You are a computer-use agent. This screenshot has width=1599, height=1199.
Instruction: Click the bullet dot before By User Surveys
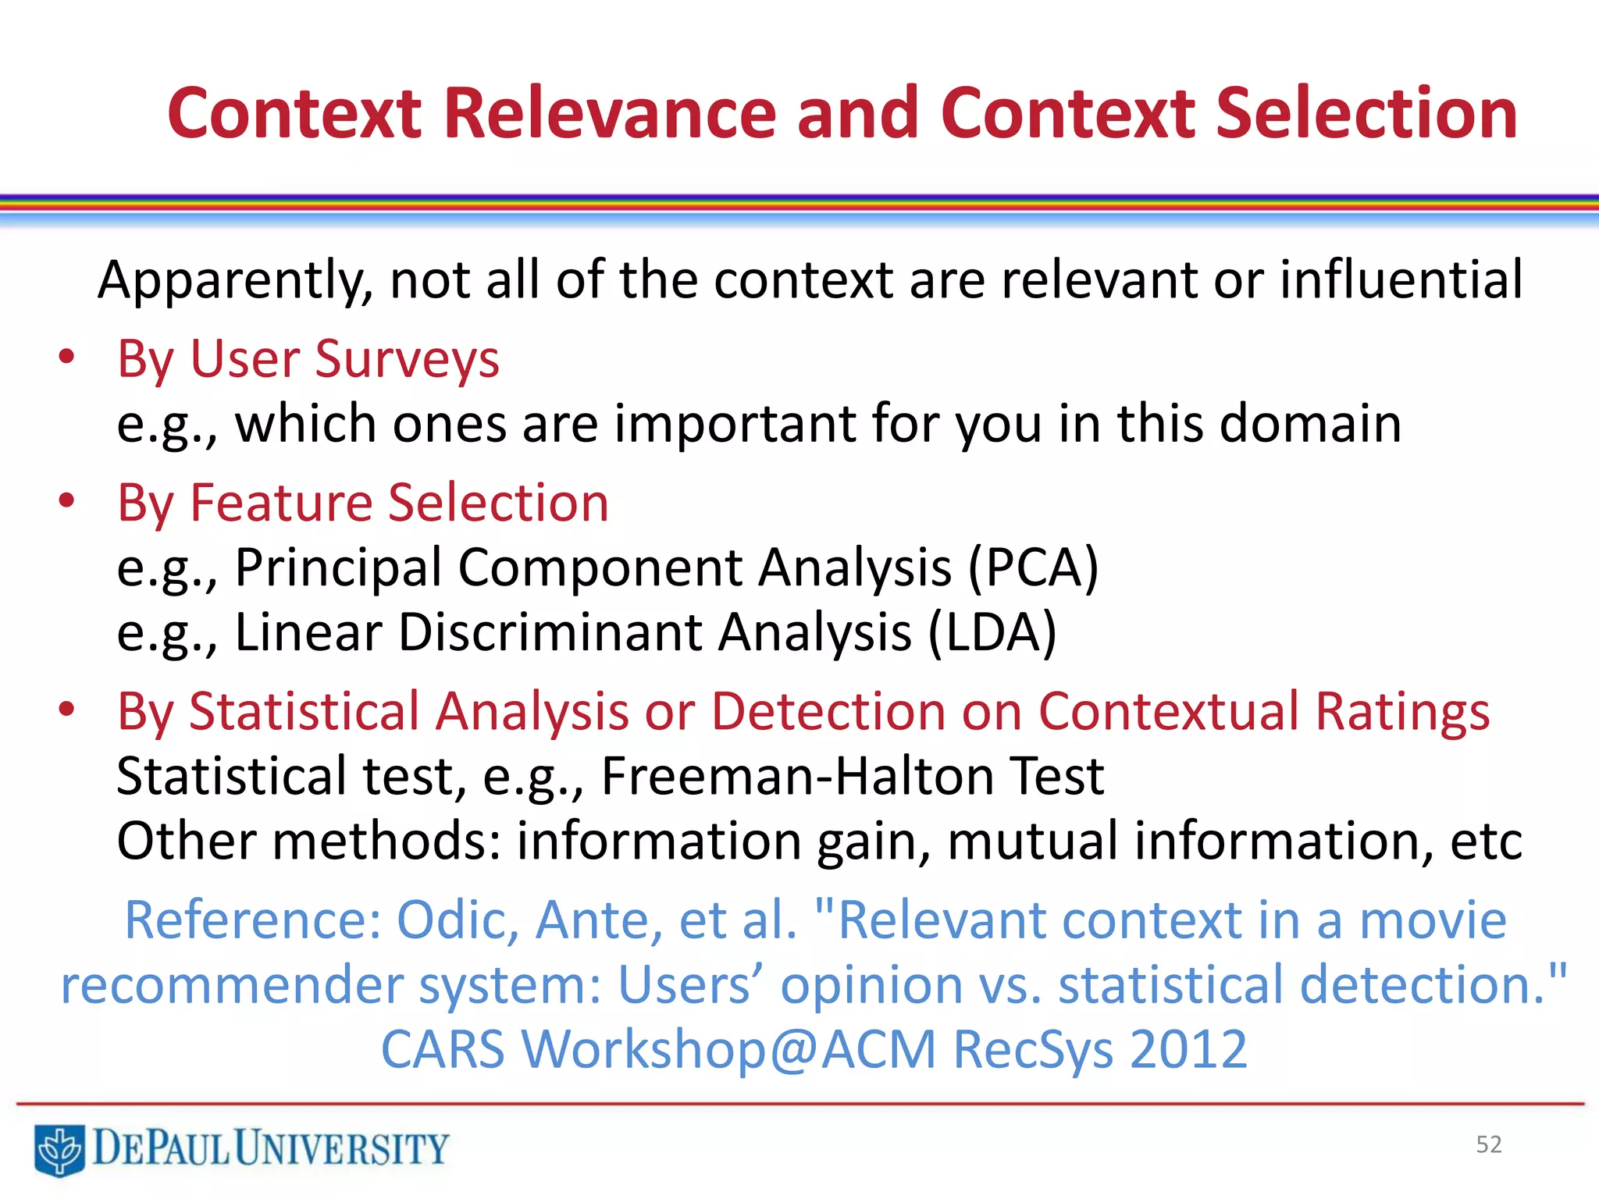(66, 358)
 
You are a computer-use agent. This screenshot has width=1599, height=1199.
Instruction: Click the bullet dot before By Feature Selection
(66, 500)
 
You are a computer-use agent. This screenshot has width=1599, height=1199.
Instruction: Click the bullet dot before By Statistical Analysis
(66, 710)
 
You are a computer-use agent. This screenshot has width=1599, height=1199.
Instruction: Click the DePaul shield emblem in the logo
(59, 1149)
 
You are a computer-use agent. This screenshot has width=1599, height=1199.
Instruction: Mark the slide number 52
(1489, 1144)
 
